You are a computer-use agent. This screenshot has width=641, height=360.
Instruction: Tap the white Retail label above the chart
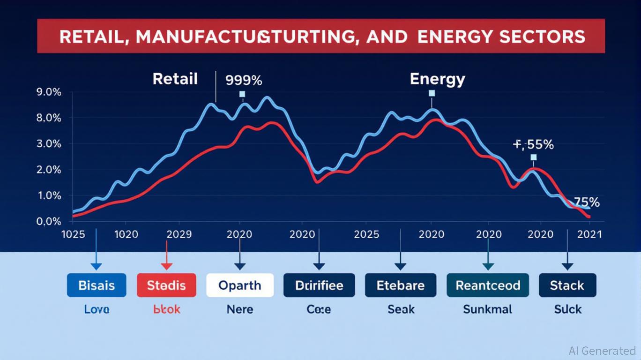click(175, 79)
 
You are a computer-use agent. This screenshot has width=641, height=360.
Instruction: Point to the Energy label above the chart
click(437, 79)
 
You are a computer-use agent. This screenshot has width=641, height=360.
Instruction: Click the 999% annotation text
click(244, 80)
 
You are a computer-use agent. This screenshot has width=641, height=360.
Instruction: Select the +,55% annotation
click(534, 145)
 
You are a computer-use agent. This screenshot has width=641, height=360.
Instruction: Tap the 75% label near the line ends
click(587, 202)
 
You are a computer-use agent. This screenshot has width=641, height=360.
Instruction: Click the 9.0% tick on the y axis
click(49, 92)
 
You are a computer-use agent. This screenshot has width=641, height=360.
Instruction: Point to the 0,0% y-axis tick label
click(49, 221)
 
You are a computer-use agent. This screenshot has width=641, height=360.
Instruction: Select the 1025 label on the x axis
click(74, 234)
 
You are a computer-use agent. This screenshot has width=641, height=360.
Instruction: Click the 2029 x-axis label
click(179, 234)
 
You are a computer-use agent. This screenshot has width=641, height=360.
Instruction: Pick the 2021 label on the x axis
click(589, 234)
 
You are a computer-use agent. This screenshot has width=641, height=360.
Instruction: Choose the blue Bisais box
click(97, 285)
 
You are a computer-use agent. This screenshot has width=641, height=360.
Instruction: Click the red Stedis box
click(166, 285)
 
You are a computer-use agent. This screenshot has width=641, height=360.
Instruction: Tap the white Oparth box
click(240, 285)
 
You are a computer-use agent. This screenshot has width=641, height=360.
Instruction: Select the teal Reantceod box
click(488, 285)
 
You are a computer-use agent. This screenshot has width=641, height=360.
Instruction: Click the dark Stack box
click(567, 285)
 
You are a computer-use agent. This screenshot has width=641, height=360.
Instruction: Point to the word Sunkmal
click(487, 309)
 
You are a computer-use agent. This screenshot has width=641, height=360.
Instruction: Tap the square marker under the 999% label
click(242, 94)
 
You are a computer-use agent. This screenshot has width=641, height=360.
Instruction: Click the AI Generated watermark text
click(602, 351)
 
